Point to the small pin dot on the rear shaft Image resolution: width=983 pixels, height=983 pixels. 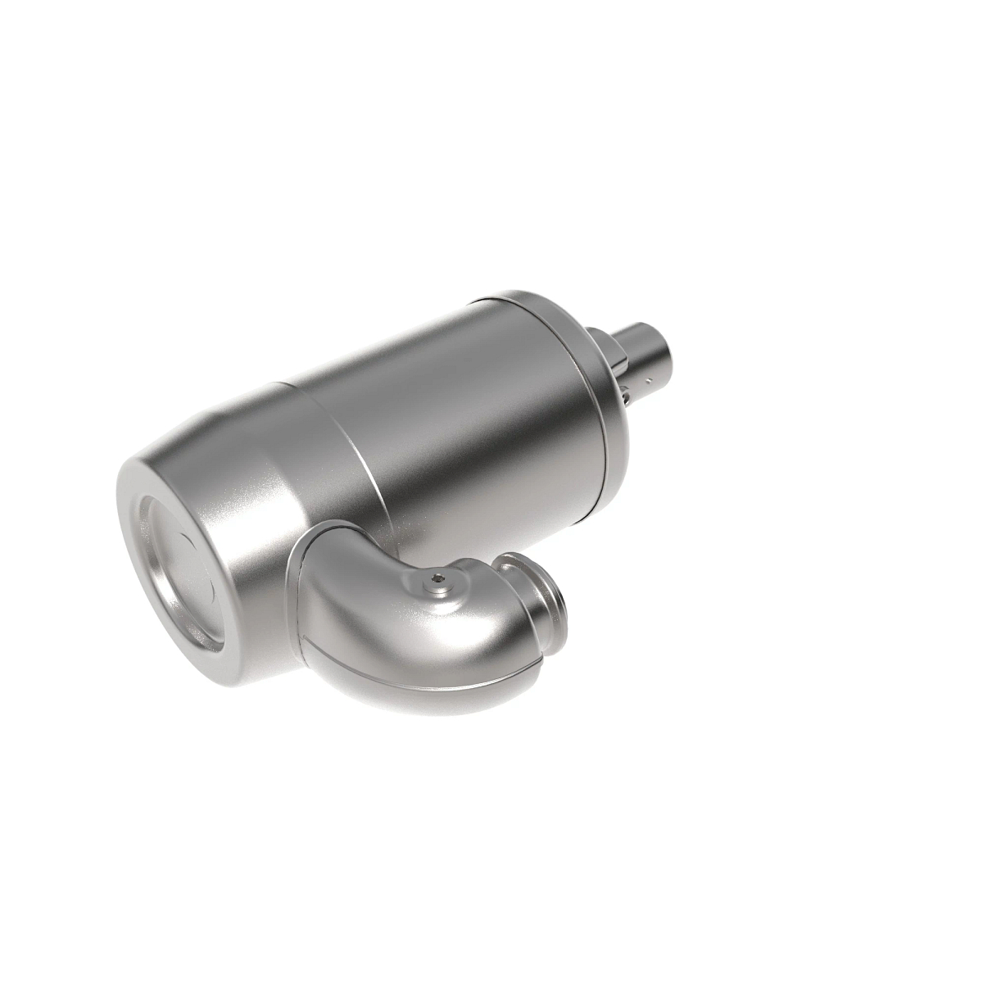coord(647,380)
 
